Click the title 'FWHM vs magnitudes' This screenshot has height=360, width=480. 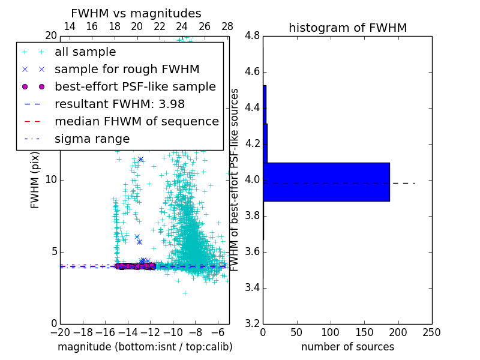pyautogui.click(x=136, y=14)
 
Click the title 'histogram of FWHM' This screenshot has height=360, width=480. pyautogui.click(x=347, y=28)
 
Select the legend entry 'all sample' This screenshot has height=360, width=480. pyautogui.click(x=85, y=52)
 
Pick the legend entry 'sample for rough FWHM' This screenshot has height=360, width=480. pyautogui.click(x=127, y=70)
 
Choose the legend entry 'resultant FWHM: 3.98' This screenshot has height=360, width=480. pyautogui.click(x=119, y=104)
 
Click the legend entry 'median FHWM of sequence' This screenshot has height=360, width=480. pyautogui.click(x=136, y=122)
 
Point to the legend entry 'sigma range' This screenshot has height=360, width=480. pyautogui.click(x=92, y=139)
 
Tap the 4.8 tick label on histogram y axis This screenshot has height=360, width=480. pyautogui.click(x=252, y=36)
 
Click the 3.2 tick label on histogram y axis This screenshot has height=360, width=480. pyautogui.click(x=252, y=323)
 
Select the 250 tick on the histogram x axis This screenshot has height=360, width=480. pyautogui.click(x=431, y=332)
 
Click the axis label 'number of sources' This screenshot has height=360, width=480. pyautogui.click(x=347, y=347)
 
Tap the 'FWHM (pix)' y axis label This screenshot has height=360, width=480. pyautogui.click(x=35, y=179)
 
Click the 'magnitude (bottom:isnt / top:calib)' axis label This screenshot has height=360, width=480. pyautogui.click(x=145, y=347)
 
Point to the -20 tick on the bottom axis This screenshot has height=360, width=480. pyautogui.click(x=60, y=332)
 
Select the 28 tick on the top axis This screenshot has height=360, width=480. pyautogui.click(x=227, y=26)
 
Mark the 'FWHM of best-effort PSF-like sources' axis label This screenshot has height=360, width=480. pyautogui.click(x=235, y=179)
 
